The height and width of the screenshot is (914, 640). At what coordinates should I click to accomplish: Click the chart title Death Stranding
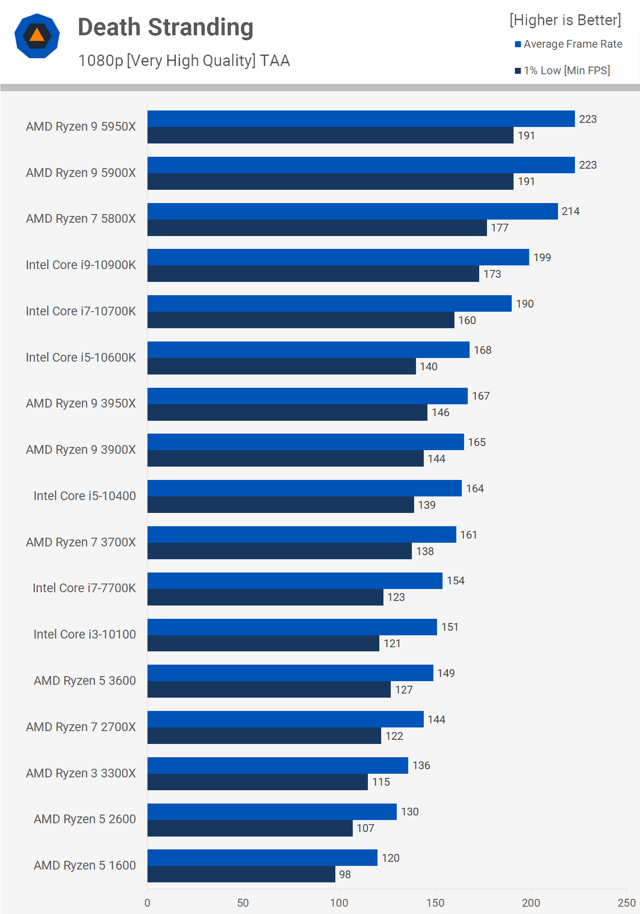pyautogui.click(x=165, y=28)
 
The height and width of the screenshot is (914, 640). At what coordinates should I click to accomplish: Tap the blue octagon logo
pyautogui.click(x=37, y=36)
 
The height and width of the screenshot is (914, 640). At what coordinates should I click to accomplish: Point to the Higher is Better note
pyautogui.click(x=565, y=20)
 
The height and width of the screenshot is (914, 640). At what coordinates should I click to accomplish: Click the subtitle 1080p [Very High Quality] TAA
pyautogui.click(x=184, y=61)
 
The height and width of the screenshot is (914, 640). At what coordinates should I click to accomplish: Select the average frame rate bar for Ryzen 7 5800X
pyautogui.click(x=352, y=211)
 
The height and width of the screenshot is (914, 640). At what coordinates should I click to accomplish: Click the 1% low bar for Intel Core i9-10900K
pyautogui.click(x=313, y=274)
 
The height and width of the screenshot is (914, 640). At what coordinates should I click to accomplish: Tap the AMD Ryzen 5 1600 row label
pyautogui.click(x=85, y=865)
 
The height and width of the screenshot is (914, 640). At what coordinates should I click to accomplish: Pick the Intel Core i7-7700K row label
pyautogui.click(x=84, y=588)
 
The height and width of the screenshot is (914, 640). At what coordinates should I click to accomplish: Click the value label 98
pyautogui.click(x=345, y=875)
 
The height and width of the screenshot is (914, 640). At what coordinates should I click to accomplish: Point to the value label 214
pyautogui.click(x=570, y=211)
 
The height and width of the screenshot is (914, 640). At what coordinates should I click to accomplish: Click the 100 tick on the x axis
pyautogui.click(x=339, y=903)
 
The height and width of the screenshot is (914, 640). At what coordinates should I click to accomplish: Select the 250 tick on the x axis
pyautogui.click(x=626, y=903)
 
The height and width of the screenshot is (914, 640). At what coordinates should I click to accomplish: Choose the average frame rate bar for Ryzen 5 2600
pyautogui.click(x=272, y=812)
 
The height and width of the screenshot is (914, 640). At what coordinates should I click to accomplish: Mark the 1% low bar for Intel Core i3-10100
pyautogui.click(x=263, y=644)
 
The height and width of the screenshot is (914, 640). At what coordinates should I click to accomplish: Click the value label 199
pyautogui.click(x=542, y=258)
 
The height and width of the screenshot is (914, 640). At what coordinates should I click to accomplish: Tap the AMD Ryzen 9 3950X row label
pyautogui.click(x=81, y=403)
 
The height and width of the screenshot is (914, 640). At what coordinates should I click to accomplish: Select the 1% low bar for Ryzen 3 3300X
pyautogui.click(x=257, y=782)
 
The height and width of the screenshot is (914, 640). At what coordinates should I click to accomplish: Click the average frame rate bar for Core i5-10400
pyautogui.click(x=304, y=488)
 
